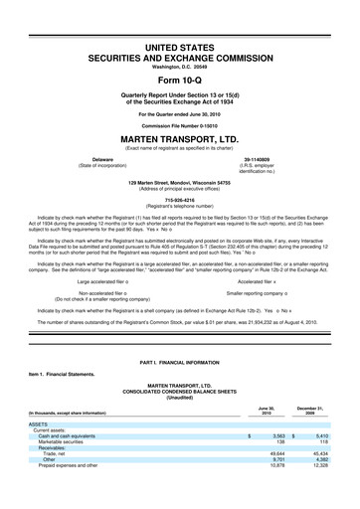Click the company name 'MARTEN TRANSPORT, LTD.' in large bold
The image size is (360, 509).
point(180,139)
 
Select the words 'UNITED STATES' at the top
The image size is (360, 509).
point(180,48)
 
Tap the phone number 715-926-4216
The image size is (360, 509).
point(180,199)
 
